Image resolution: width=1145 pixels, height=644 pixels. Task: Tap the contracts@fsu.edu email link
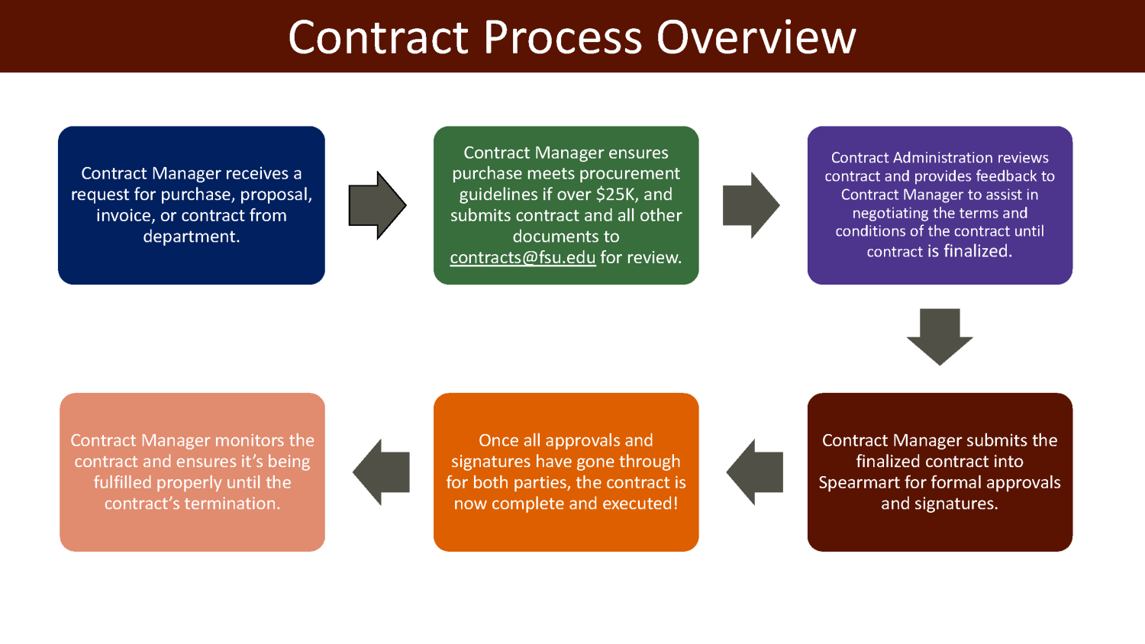click(522, 258)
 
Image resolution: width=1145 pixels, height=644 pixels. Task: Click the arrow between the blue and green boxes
click(377, 205)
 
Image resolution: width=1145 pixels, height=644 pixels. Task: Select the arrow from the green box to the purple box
click(751, 205)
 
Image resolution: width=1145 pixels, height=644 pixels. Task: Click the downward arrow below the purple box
click(940, 336)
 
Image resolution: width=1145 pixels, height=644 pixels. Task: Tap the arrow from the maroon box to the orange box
click(755, 472)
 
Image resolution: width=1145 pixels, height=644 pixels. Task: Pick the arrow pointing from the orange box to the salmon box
click(381, 472)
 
